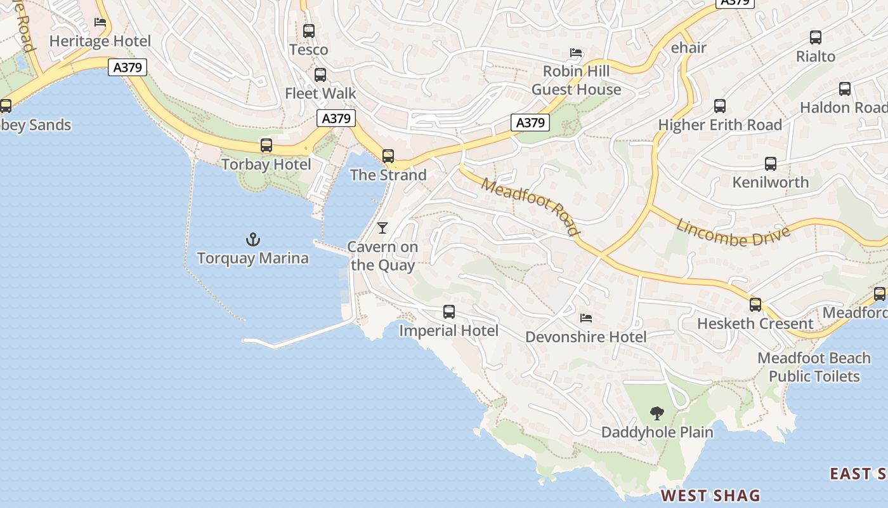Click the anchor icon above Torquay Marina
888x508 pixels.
tap(253, 239)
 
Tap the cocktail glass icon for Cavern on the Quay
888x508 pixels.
tap(382, 228)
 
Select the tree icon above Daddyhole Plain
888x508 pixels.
tap(657, 413)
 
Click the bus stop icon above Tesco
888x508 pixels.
tap(309, 30)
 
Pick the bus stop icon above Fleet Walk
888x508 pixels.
tap(320, 74)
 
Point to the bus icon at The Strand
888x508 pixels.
tap(388, 156)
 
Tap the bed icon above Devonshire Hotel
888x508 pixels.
tap(586, 317)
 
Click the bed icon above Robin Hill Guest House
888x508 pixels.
tap(576, 53)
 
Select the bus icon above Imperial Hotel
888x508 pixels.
tap(449, 311)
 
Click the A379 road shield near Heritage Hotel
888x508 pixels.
tap(127, 67)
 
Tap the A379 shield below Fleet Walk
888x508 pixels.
tap(336, 118)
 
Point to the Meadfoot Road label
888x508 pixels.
tap(530, 206)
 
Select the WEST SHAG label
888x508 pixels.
tap(710, 495)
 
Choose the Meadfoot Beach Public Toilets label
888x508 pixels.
tap(814, 367)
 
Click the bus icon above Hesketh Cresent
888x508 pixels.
tap(755, 304)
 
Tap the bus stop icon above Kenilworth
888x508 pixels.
tap(771, 164)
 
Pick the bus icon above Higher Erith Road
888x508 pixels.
tap(720, 105)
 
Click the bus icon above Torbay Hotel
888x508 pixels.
tap(266, 145)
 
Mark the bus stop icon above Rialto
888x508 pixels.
tap(816, 37)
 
